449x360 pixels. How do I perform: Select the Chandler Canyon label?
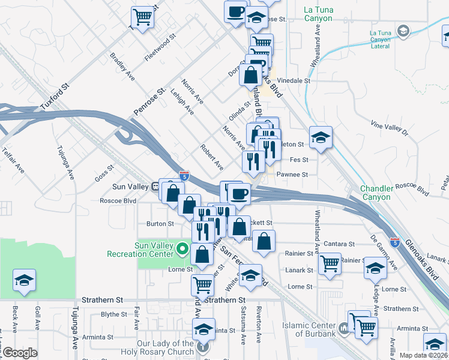[x=376, y=193]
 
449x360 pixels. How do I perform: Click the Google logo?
[x=20, y=353]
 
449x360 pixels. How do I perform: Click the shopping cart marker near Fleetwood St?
[x=142, y=16]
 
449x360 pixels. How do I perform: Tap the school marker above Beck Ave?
[x=24, y=280]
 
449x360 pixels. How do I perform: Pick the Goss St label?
[x=104, y=175]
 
